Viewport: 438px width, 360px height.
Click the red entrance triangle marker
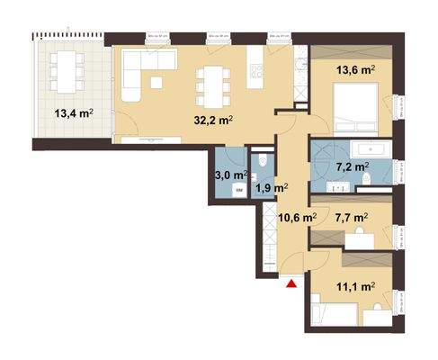point(291,285)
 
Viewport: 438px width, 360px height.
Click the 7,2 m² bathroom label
point(353,166)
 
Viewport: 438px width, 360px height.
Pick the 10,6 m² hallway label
point(297,217)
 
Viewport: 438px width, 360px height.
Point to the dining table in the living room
point(211,83)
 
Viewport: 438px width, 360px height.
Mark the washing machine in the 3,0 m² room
point(239,190)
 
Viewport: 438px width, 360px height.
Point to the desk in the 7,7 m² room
point(362,235)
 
